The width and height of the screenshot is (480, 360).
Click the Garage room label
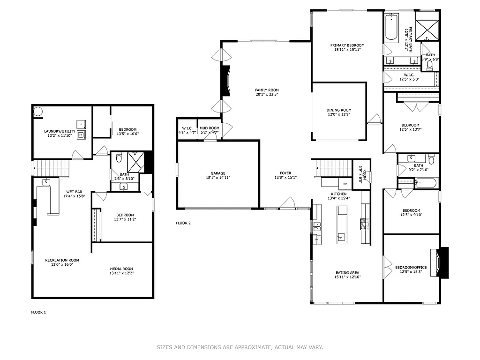(218, 173)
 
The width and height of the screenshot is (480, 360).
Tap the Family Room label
(267, 90)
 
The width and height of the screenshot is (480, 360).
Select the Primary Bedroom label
(347, 45)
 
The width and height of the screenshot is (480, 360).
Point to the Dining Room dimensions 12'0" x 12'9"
(339, 114)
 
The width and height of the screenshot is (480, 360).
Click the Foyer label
(285, 172)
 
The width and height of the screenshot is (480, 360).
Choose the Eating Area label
(347, 272)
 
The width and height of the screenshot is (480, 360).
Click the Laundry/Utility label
(60, 131)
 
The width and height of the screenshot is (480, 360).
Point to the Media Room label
(121, 269)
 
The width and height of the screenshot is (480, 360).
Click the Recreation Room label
(62, 260)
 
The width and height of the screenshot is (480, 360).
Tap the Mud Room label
(209, 128)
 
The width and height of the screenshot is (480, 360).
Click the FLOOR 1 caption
(38, 312)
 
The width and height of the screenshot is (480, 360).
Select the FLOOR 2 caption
(183, 223)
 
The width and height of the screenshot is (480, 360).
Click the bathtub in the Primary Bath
(391, 28)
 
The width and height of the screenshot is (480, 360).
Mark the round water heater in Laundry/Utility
(38, 112)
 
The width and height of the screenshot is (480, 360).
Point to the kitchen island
(341, 225)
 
